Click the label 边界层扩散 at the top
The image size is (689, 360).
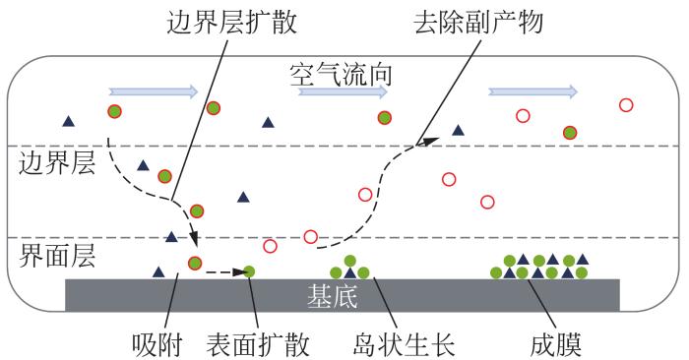pyautogui.click(x=231, y=21)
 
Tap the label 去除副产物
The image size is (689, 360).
pyautogui.click(x=478, y=21)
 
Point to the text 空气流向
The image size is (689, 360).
pyautogui.click(x=341, y=74)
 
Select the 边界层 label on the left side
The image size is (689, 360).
pyautogui.click(x=57, y=164)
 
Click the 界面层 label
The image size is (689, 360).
pyautogui.click(x=57, y=257)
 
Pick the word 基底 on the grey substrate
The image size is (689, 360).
pyautogui.click(x=333, y=295)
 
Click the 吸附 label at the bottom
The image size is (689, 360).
pyautogui.click(x=157, y=344)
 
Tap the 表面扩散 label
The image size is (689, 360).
pyautogui.click(x=258, y=344)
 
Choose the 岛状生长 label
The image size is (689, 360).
pyautogui.click(x=404, y=344)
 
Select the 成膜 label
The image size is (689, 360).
pyautogui.click(x=556, y=344)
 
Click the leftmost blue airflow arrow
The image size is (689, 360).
pyautogui.click(x=154, y=91)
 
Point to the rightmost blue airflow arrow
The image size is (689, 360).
pyautogui.click(x=533, y=91)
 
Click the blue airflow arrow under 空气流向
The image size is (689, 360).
pyautogui.click(x=343, y=91)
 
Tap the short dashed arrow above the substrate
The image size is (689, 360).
pyautogui.click(x=226, y=272)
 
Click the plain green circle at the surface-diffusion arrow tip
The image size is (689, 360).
pyautogui.click(x=249, y=271)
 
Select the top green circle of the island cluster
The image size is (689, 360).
pyautogui.click(x=349, y=262)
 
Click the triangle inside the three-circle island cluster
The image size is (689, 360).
pyautogui.click(x=349, y=273)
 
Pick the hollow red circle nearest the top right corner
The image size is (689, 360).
pyautogui.click(x=626, y=105)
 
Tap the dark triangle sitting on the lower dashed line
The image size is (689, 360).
pyautogui.click(x=171, y=237)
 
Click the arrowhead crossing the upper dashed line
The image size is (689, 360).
pyautogui.click(x=428, y=142)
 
